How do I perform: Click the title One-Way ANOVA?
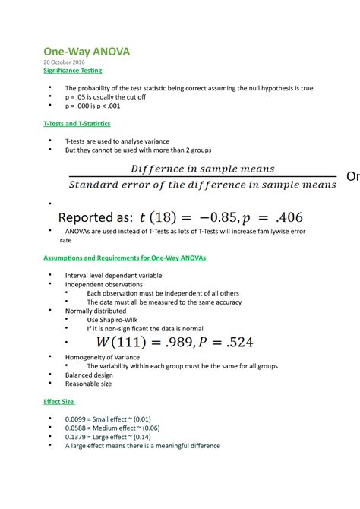(86, 52)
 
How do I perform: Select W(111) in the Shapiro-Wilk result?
(119, 343)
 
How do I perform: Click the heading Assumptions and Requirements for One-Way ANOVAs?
(125, 258)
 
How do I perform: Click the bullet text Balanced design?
(90, 375)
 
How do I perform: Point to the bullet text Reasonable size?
(89, 384)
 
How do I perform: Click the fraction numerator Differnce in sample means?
(203, 169)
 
